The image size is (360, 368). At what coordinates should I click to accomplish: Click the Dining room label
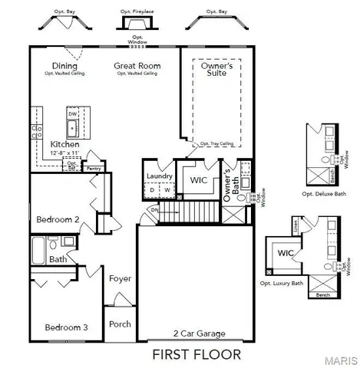[64, 66]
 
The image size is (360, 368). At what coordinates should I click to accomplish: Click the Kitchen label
[64, 144]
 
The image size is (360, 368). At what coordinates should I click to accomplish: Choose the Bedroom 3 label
[65, 327]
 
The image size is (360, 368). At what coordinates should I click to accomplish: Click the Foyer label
[120, 278]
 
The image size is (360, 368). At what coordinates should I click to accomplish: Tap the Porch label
[120, 324]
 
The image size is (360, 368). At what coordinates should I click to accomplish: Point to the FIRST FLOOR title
[196, 354]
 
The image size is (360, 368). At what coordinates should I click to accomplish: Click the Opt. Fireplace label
[137, 12]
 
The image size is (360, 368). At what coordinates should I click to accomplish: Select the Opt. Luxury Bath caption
[282, 284]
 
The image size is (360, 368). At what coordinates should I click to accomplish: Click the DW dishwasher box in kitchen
[73, 113]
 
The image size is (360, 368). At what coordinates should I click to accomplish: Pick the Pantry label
[94, 167]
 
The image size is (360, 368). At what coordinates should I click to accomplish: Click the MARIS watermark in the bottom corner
[345, 360]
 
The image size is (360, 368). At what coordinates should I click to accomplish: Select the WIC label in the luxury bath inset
[286, 252]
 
